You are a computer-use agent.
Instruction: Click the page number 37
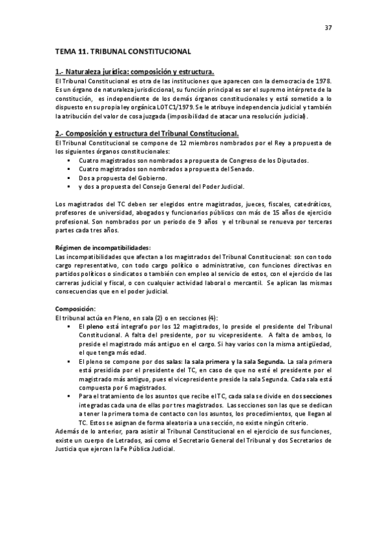(x=328, y=28)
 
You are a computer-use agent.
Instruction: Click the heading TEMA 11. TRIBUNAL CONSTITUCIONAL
(x=123, y=50)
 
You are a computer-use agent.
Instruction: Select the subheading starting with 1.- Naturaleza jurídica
(x=135, y=71)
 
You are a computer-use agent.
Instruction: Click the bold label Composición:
(x=76, y=309)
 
